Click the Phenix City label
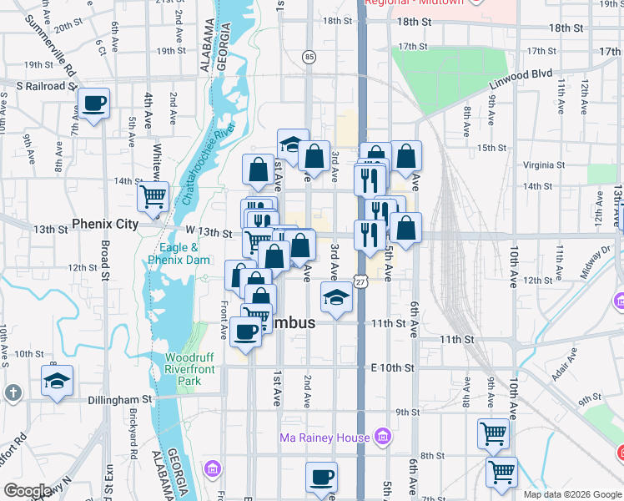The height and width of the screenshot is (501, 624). [x=104, y=224]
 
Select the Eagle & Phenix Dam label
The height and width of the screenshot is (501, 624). [x=179, y=254]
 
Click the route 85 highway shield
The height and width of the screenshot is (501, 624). [x=309, y=57]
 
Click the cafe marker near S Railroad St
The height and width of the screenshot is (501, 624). [x=93, y=104]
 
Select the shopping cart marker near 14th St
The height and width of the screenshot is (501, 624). [x=153, y=197]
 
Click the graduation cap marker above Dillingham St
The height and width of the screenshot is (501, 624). [x=57, y=381]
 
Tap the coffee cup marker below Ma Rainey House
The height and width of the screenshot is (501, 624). [x=321, y=478]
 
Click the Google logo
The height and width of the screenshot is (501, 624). [x=27, y=492]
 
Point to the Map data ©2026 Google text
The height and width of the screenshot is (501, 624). [x=572, y=494]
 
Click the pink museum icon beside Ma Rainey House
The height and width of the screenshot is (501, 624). [x=383, y=436]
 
